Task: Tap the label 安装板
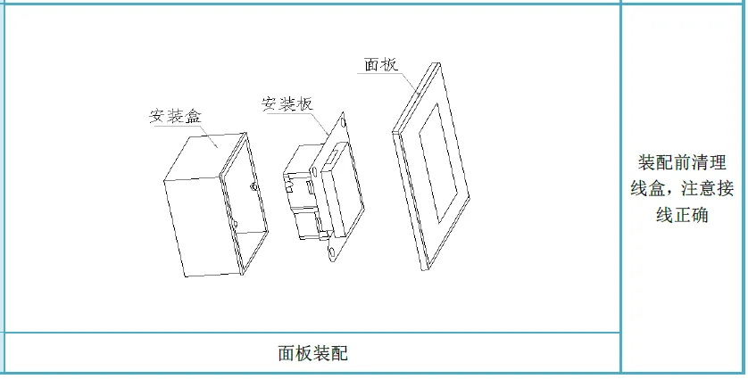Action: pos(287,103)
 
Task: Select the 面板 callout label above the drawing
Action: pos(381,65)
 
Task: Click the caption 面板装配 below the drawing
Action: pos(312,353)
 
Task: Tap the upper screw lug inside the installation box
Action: pos(256,186)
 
